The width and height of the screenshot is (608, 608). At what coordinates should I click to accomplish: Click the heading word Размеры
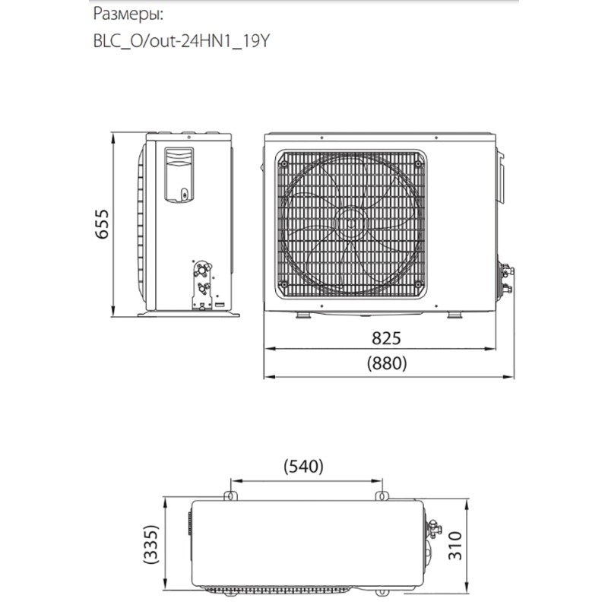click(x=126, y=14)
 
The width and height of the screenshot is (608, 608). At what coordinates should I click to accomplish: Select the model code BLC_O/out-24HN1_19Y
click(x=179, y=41)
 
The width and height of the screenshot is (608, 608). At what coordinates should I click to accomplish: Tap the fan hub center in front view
click(x=352, y=223)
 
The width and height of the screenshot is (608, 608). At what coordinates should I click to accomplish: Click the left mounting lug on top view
click(x=229, y=495)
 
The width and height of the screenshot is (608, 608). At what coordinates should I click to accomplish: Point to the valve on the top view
click(x=435, y=524)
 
